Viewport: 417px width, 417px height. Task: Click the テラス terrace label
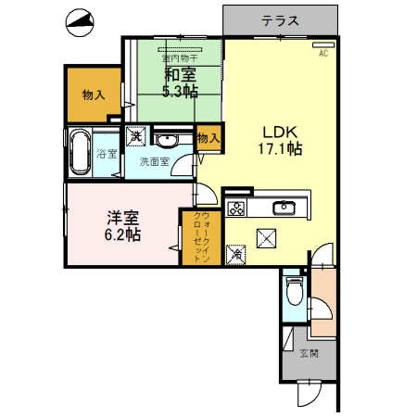tap(278, 19)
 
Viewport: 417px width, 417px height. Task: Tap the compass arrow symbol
tap(79, 23)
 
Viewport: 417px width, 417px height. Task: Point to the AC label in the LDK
tap(323, 54)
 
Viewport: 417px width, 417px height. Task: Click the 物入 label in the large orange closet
tap(92, 95)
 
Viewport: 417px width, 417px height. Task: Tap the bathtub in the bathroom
tap(80, 152)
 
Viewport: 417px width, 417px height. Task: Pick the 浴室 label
tap(107, 153)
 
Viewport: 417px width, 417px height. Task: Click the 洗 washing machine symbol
tap(134, 135)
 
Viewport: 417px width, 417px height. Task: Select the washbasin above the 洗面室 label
tap(168, 141)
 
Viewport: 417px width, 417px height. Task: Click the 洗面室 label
tap(154, 161)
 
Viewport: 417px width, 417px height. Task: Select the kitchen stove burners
tap(235, 206)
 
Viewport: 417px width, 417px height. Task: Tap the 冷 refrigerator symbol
tap(237, 253)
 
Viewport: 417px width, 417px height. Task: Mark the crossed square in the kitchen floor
tap(270, 239)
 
